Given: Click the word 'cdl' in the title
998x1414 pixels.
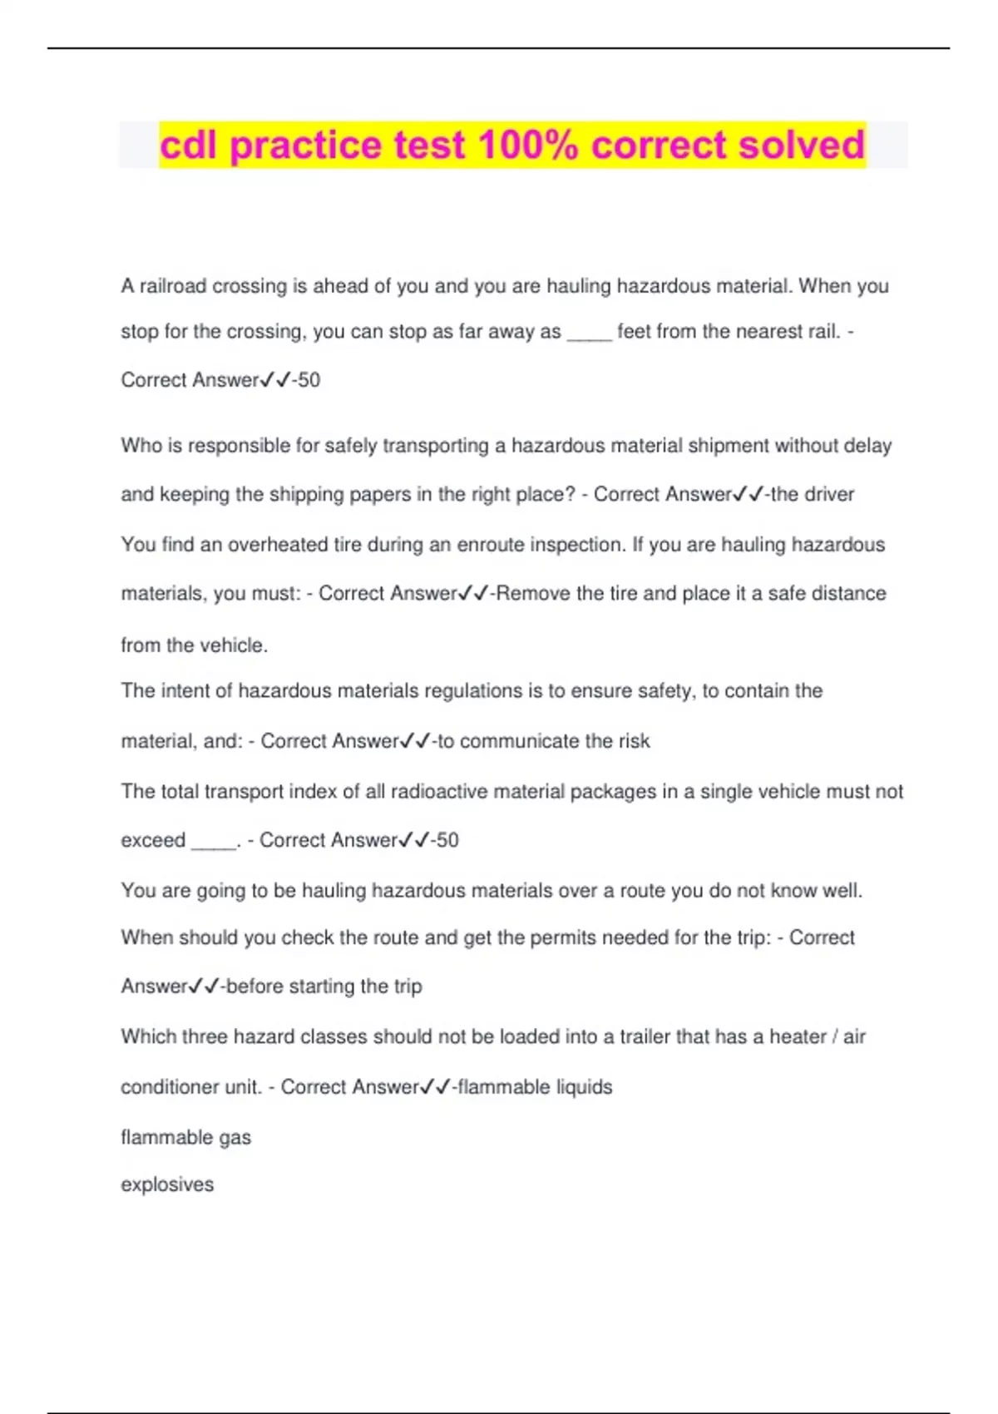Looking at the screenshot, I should click(188, 145).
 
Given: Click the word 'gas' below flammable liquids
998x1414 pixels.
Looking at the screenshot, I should click(235, 1138).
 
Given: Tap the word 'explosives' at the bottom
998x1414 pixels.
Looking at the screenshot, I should click(167, 1184).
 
